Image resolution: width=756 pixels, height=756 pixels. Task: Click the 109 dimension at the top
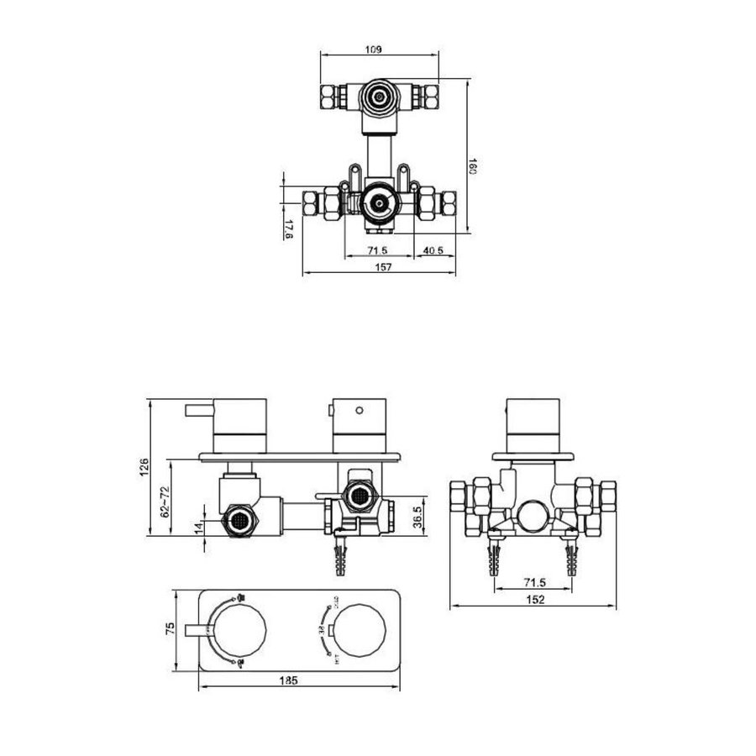pyautogui.click(x=374, y=50)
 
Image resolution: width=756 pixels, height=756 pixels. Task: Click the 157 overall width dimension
pyautogui.click(x=380, y=267)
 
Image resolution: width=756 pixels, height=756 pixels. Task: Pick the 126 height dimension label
pyautogui.click(x=144, y=467)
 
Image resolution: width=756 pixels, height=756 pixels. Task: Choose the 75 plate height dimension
pyautogui.click(x=171, y=628)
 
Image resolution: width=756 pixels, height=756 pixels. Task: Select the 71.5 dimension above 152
pyautogui.click(x=535, y=580)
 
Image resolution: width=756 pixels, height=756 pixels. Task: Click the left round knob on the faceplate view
pyautogui.click(x=239, y=628)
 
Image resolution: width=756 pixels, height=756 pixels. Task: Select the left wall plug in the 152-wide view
pyautogui.click(x=491, y=559)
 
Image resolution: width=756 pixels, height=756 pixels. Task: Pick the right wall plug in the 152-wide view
pyautogui.click(x=575, y=559)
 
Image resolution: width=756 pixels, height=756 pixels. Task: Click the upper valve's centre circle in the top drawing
pyautogui.click(x=379, y=97)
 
